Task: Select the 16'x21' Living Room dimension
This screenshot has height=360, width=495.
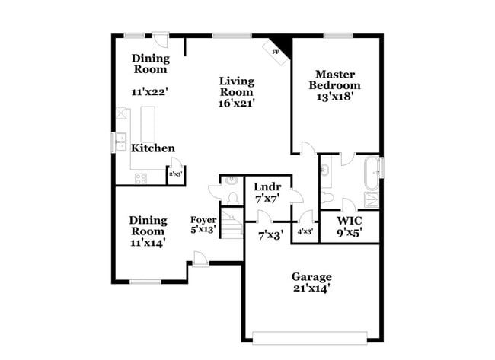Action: coord(237,102)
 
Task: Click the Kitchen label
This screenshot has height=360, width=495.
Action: coord(153,148)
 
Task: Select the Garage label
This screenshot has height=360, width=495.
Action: coord(311,276)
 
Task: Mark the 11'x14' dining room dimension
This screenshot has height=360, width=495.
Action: coord(148,242)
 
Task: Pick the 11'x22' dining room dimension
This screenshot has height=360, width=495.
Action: coord(149,91)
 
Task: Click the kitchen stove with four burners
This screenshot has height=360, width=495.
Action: coord(140,178)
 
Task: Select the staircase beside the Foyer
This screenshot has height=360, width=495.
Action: coord(230,224)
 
